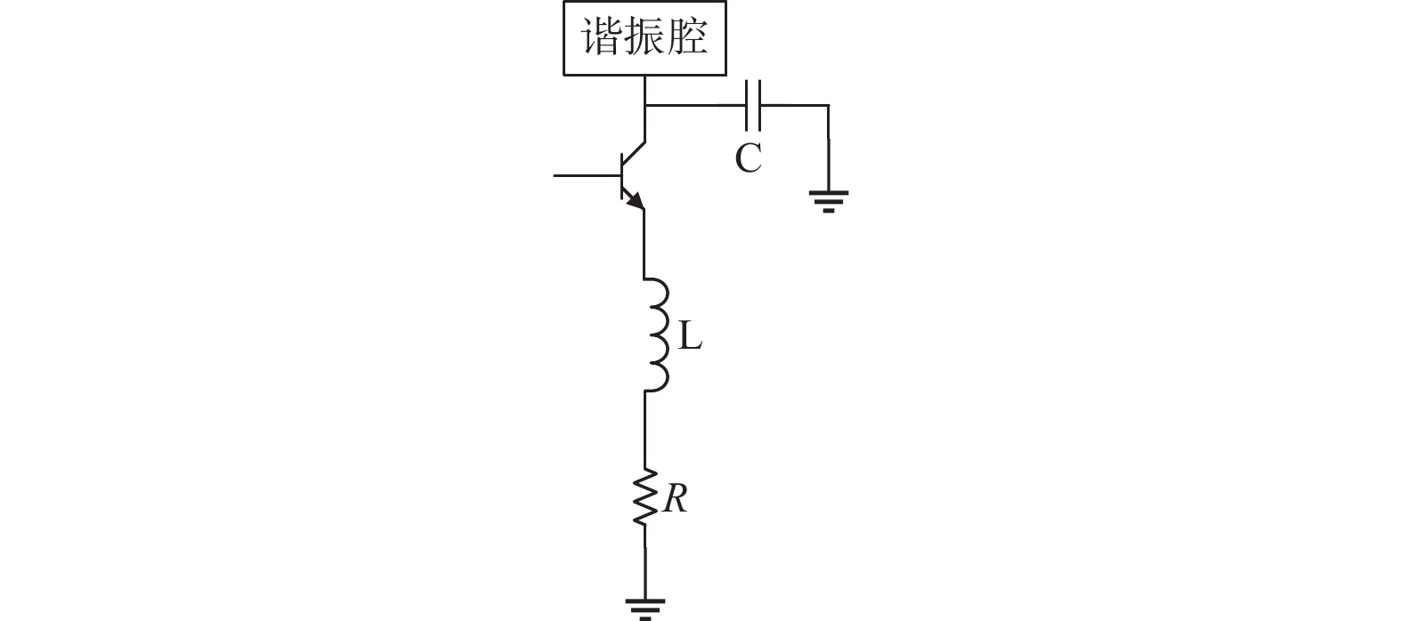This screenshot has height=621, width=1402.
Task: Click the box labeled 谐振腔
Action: [x=644, y=38]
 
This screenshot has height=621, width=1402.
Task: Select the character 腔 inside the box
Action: [x=688, y=39]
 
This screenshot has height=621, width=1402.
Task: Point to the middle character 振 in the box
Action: [x=644, y=39]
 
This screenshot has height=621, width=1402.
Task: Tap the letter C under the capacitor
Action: [x=748, y=159]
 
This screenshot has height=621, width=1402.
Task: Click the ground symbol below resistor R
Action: [x=644, y=609]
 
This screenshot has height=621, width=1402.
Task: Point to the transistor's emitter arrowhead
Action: [x=635, y=203]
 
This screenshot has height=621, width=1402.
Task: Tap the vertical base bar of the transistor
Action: [x=620, y=176]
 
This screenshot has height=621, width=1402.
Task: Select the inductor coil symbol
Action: [x=656, y=335]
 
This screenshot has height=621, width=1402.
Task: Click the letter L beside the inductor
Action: [x=690, y=336]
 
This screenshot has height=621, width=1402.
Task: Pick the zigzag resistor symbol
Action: [x=644, y=498]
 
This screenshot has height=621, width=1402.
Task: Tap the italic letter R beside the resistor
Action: [x=675, y=500]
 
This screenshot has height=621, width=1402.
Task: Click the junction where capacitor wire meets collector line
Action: [x=644, y=105]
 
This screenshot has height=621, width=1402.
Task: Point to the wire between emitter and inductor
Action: [x=644, y=245]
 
